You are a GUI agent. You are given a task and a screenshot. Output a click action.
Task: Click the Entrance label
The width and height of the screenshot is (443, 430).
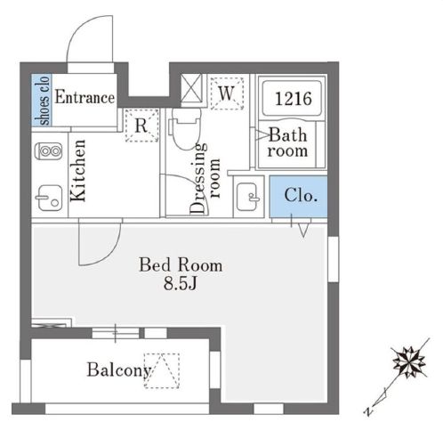coord(85,98)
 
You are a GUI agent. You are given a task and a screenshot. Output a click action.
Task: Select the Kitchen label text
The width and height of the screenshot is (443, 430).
coord(77,171)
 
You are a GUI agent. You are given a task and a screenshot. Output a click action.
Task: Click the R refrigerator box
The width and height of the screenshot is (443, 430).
coord(141,125)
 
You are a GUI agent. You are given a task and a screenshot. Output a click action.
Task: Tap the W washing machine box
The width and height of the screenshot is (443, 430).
coord(226,92)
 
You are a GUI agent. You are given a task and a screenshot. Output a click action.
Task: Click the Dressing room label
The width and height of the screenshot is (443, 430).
coord(204,178)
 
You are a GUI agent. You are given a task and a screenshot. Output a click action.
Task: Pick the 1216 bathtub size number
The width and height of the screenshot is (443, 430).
coord(291,99)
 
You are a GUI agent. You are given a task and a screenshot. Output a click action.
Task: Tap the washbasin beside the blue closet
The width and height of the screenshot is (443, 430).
coord(246,193)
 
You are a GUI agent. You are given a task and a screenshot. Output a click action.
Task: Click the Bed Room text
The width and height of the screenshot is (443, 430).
coord(180,265)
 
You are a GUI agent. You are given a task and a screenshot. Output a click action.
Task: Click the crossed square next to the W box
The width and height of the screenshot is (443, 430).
coord(191,89)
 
